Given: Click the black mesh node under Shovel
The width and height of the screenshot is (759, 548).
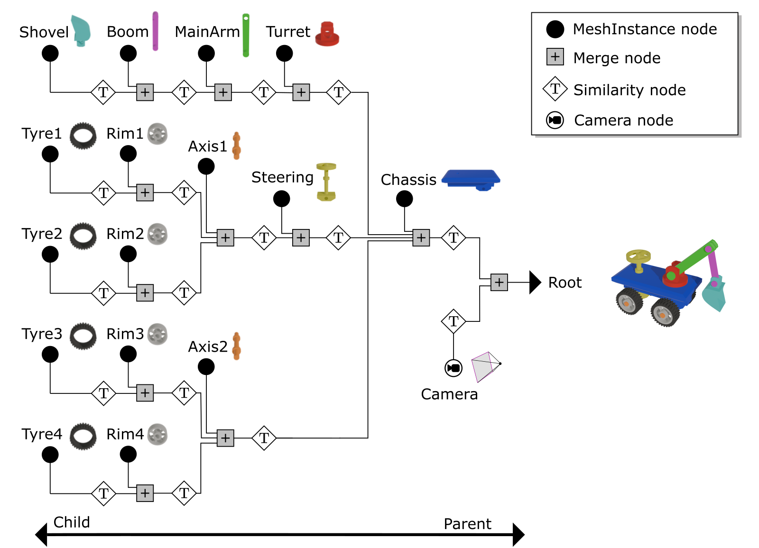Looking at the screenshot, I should (x=50, y=53).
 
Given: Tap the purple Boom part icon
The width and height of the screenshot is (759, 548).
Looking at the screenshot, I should (x=155, y=31).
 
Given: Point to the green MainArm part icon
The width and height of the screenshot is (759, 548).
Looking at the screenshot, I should (x=246, y=35).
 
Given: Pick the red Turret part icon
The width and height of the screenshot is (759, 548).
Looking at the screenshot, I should (x=327, y=34).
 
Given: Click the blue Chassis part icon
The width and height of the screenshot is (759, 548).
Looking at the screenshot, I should (x=471, y=179).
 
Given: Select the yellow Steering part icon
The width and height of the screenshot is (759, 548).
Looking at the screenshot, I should (x=326, y=182).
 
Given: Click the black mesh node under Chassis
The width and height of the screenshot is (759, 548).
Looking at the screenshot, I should (x=405, y=199).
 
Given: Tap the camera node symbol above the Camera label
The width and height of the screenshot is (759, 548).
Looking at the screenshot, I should (x=454, y=368).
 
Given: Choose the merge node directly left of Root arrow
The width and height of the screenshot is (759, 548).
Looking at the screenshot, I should (x=499, y=282).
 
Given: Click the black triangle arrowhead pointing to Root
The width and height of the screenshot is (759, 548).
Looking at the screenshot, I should (x=535, y=283).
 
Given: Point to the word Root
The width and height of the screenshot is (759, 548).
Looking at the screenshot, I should (x=565, y=283).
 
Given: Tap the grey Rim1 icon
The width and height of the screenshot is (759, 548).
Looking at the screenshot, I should (x=157, y=134).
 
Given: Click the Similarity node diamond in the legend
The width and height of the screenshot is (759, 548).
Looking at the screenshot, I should (x=555, y=89).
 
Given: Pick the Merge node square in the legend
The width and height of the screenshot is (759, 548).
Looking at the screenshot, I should (x=555, y=57).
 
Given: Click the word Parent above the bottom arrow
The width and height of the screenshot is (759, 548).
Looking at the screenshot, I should (x=467, y=524).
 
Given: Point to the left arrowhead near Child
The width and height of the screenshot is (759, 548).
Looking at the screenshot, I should (x=42, y=535).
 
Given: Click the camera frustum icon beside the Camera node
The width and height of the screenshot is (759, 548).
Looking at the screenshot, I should (x=486, y=366).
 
